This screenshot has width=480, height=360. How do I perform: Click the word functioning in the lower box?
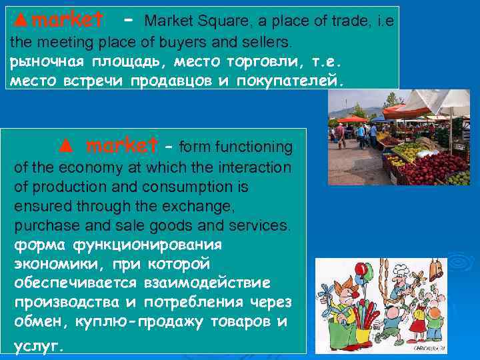click(x=253, y=145)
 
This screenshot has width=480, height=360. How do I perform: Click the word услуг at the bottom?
click(x=39, y=345)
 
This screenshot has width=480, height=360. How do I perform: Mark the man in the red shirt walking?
click(x=340, y=133)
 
